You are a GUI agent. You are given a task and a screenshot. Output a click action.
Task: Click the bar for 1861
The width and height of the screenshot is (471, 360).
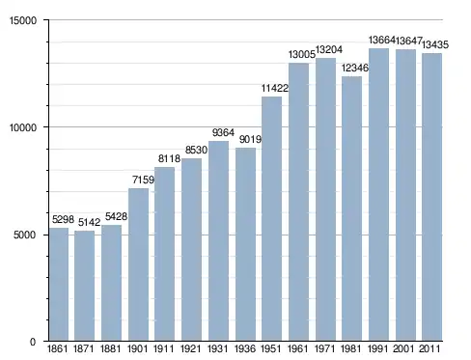click(59, 285)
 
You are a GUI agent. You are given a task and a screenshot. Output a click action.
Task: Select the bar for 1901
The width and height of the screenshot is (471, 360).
click(138, 264)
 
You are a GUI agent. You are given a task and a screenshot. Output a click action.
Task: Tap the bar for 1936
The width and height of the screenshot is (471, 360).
click(245, 244)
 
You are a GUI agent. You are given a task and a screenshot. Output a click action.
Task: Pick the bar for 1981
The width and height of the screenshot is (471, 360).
click(351, 208)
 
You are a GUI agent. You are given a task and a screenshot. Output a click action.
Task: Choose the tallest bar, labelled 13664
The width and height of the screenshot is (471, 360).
click(378, 195)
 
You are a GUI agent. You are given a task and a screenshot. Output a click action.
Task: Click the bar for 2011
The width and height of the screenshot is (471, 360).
click(431, 197)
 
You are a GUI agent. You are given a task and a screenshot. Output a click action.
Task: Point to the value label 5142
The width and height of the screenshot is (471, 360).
click(89, 222)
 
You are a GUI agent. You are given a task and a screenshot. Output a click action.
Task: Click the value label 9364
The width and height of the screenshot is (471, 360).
click(223, 132)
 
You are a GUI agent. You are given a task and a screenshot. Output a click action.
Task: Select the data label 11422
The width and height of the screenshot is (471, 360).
click(275, 88)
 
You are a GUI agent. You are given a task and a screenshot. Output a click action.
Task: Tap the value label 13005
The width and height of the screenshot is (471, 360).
click(302, 55)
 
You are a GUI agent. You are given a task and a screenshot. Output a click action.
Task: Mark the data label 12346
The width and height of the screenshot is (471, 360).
click(355, 68)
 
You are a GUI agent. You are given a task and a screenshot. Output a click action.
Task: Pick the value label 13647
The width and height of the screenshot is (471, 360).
click(408, 41)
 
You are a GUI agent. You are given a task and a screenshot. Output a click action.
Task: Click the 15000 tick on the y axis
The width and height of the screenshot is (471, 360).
click(23, 20)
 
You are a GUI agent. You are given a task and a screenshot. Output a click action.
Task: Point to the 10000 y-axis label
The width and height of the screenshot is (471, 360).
click(23, 127)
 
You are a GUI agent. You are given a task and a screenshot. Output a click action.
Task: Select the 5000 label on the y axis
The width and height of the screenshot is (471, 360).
click(25, 235)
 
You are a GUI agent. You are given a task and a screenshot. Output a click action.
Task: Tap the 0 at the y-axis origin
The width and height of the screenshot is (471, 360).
click(33, 342)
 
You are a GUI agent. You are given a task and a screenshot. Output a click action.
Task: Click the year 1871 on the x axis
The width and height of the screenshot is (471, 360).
click(84, 348)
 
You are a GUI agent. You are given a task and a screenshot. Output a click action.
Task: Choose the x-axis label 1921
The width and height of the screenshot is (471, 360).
click(191, 348)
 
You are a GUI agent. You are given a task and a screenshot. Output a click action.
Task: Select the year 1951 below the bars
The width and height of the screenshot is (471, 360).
click(271, 348)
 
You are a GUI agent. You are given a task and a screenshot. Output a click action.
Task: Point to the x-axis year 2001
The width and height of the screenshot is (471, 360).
click(404, 348)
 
